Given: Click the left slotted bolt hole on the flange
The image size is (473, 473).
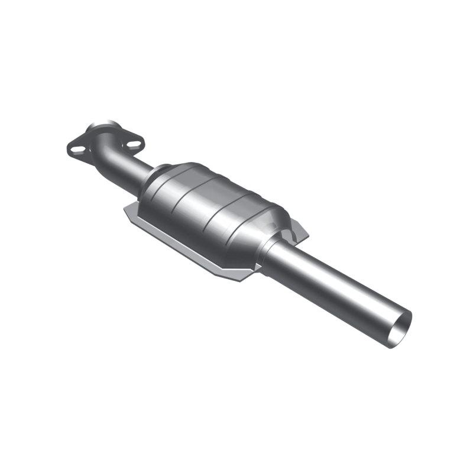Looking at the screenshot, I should coord(77,148).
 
